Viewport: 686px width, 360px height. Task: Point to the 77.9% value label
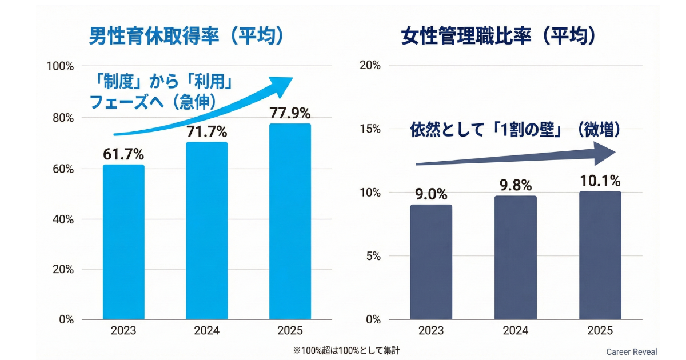pos(290,113)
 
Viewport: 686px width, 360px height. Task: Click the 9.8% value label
pos(516,185)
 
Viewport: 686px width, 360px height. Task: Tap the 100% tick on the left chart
pos(60,66)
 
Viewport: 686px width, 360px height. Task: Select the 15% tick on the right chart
pos(371,129)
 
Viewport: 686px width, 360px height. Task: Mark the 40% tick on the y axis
pos(63,219)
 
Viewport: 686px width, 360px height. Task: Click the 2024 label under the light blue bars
pos(207,331)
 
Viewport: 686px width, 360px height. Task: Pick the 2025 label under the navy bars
pos(600,331)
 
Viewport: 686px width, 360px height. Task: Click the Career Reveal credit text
pos(632,352)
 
